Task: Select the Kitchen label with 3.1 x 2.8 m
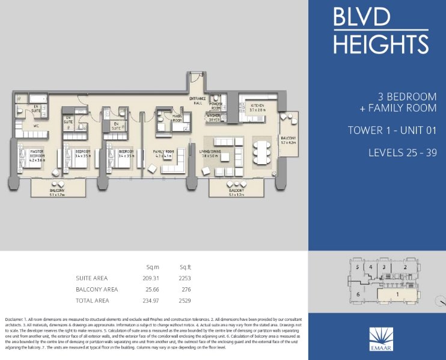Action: point(258,107)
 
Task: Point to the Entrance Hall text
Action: point(197,100)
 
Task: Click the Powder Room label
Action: point(216,106)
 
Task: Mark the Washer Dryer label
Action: point(215,118)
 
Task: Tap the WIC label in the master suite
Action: point(36,126)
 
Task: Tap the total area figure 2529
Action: point(185,300)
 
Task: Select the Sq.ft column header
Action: point(185,266)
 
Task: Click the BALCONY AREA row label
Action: point(97,289)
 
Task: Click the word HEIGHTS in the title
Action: point(380,43)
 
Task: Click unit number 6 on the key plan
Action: point(358,294)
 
